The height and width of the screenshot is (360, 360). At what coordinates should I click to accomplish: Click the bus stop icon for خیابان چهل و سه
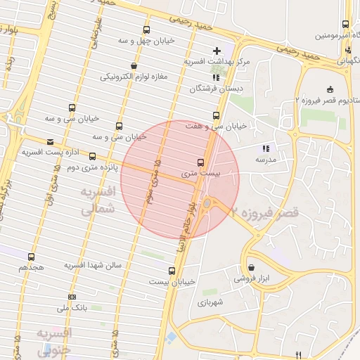click(x=146, y=30)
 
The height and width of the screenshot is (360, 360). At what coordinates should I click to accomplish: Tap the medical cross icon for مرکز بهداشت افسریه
click(x=217, y=51)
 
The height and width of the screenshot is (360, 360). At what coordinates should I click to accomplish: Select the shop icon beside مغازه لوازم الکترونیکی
click(x=134, y=66)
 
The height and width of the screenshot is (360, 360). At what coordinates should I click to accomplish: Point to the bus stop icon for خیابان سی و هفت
click(x=216, y=115)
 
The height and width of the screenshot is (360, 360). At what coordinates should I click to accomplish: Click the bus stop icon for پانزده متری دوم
click(x=93, y=156)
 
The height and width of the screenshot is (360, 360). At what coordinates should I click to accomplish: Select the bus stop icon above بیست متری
click(x=202, y=162)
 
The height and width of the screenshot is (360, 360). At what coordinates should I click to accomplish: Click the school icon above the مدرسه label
click(x=265, y=148)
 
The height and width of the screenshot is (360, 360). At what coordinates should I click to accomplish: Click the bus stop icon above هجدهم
click(x=31, y=257)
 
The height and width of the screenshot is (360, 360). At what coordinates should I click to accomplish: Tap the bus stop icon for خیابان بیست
click(x=172, y=271)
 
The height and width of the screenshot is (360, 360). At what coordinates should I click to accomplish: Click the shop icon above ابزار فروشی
click(x=252, y=267)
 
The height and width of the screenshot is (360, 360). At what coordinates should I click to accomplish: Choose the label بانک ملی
click(x=72, y=308)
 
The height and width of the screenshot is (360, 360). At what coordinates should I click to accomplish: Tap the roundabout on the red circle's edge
click(x=209, y=205)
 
